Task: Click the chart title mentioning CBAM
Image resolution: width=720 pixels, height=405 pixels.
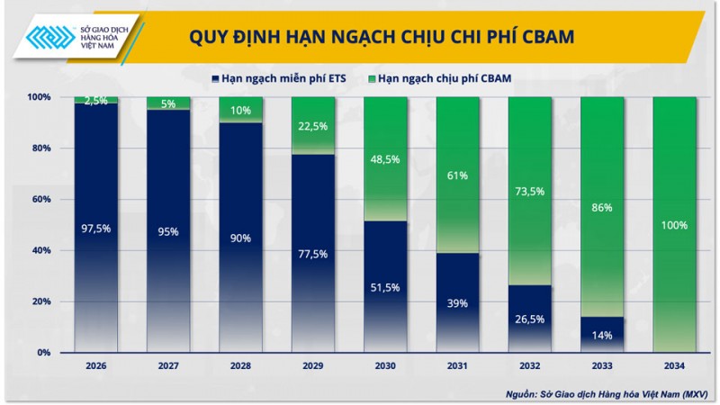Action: [382, 37]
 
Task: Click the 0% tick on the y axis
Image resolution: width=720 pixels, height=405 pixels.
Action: [43, 353]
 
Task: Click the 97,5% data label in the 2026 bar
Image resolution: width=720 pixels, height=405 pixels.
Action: [95, 229]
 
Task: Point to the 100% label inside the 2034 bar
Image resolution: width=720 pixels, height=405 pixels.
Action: [674, 225]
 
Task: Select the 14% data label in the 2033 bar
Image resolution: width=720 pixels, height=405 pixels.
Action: [602, 335]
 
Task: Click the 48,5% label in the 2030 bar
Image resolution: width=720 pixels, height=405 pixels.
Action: [385, 158]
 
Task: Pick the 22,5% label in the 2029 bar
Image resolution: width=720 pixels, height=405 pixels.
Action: [312, 126]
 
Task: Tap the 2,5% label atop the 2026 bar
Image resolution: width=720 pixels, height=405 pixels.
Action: [95, 101]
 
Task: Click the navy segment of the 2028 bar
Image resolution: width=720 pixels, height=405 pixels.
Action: [240, 270]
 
